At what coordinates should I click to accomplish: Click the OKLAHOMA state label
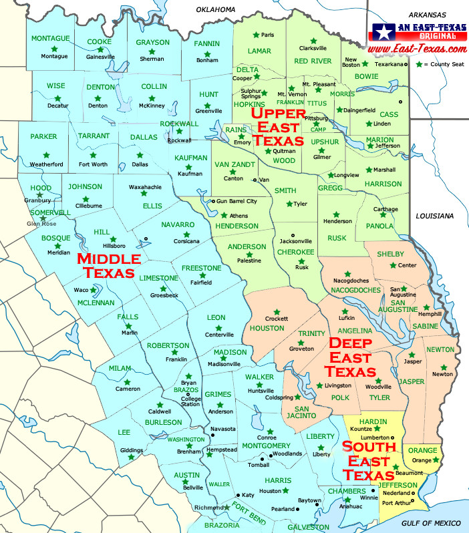point(216,9)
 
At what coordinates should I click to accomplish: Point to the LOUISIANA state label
point(434,216)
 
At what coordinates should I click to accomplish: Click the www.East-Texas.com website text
point(417,50)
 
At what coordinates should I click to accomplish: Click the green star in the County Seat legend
point(419,64)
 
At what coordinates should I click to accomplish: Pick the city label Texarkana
point(389,64)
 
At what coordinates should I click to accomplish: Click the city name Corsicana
point(186,241)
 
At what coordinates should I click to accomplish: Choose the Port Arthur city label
point(398,502)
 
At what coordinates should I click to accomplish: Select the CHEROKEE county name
point(297,252)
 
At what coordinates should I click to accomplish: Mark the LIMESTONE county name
point(158,278)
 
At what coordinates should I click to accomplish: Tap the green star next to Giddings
point(131,457)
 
